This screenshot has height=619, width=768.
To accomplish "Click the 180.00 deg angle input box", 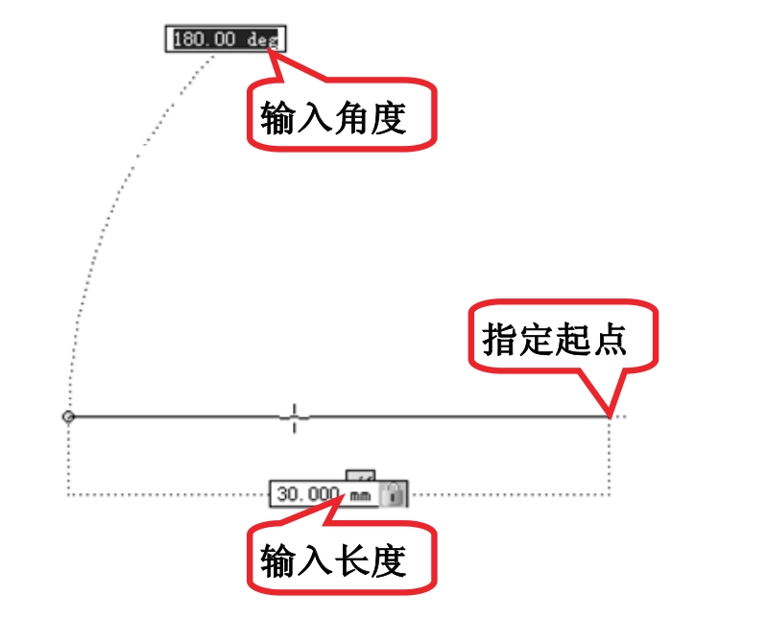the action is click(x=226, y=38).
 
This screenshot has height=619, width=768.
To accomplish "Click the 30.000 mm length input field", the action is click(x=324, y=493).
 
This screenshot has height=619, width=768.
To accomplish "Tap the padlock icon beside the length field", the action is click(x=393, y=493).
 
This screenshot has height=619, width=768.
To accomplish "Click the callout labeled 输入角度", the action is click(x=342, y=113).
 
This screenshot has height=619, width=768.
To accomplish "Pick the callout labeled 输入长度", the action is click(x=342, y=558).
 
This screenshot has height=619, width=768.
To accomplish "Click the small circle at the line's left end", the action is click(x=68, y=417).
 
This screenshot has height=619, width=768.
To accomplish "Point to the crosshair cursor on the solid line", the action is click(x=295, y=417).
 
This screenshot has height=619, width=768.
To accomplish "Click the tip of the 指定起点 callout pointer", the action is click(x=610, y=417).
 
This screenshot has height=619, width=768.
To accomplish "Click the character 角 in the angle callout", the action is click(x=351, y=117).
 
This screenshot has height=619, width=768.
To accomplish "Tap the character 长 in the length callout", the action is click(x=351, y=561).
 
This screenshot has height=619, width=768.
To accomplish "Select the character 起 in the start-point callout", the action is click(x=573, y=339).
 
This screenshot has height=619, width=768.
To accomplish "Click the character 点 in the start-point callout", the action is click(x=610, y=339).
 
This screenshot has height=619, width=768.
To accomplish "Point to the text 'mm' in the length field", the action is click(x=360, y=496).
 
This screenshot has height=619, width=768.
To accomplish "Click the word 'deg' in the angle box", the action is click(x=262, y=39).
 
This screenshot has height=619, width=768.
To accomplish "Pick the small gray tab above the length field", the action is click(x=361, y=475).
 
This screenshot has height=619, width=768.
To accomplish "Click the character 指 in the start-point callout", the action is click(x=499, y=339).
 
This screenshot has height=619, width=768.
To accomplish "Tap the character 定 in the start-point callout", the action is click(x=537, y=339).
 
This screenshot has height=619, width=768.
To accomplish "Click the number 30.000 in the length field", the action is click(x=308, y=493).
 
